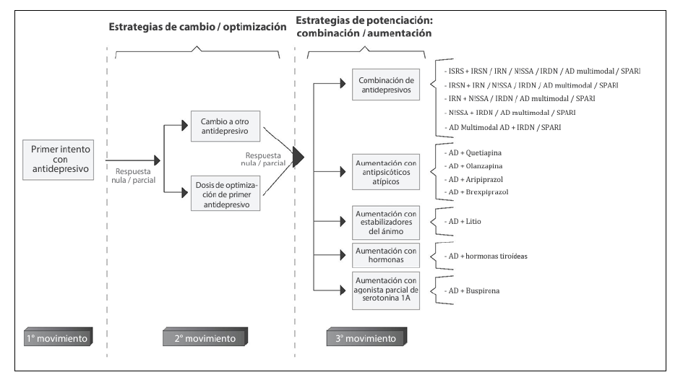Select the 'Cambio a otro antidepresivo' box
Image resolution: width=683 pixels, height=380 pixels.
(x=225, y=124)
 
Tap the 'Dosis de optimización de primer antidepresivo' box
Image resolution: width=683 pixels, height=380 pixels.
(x=225, y=193)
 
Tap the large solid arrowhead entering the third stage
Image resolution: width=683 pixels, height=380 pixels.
(x=297, y=156)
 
